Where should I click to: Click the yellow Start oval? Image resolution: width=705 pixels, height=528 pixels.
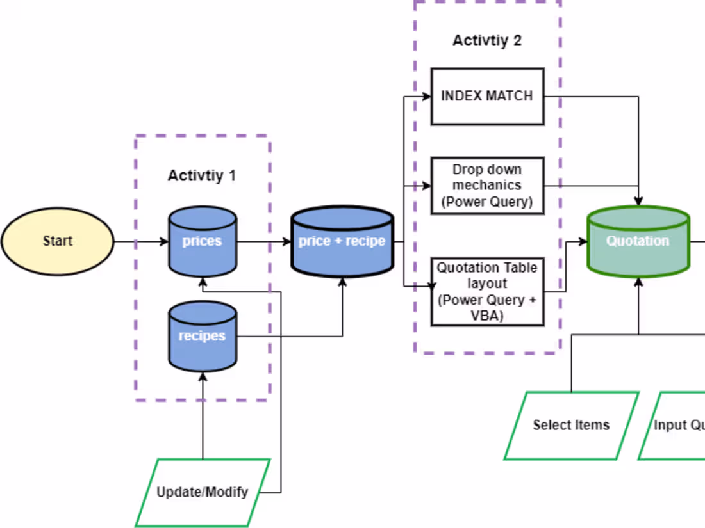(x=58, y=241)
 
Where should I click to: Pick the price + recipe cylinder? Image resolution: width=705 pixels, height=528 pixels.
(x=342, y=241)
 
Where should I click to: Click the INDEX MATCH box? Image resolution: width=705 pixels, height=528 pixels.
(x=487, y=96)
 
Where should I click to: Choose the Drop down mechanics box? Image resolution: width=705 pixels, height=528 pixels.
(x=487, y=186)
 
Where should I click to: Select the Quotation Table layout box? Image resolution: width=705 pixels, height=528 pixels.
(x=487, y=291)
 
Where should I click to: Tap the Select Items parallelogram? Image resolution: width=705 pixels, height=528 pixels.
(x=571, y=425)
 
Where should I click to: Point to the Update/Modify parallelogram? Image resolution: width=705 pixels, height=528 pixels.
(x=203, y=493)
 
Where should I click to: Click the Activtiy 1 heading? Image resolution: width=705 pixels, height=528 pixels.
(x=202, y=175)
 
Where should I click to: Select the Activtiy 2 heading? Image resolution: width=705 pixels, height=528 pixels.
(x=487, y=41)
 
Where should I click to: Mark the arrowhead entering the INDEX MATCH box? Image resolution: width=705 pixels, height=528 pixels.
(x=426, y=97)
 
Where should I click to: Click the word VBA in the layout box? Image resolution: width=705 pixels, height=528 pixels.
(x=487, y=316)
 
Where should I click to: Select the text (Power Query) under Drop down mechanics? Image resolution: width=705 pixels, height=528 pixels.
(x=487, y=202)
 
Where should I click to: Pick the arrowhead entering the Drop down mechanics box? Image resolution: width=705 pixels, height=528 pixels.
(x=426, y=187)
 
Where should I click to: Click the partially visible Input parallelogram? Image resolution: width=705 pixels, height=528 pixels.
(x=676, y=425)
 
